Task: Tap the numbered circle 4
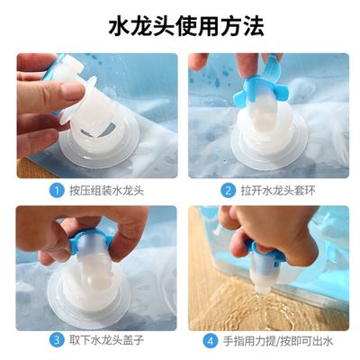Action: click(210, 341)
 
